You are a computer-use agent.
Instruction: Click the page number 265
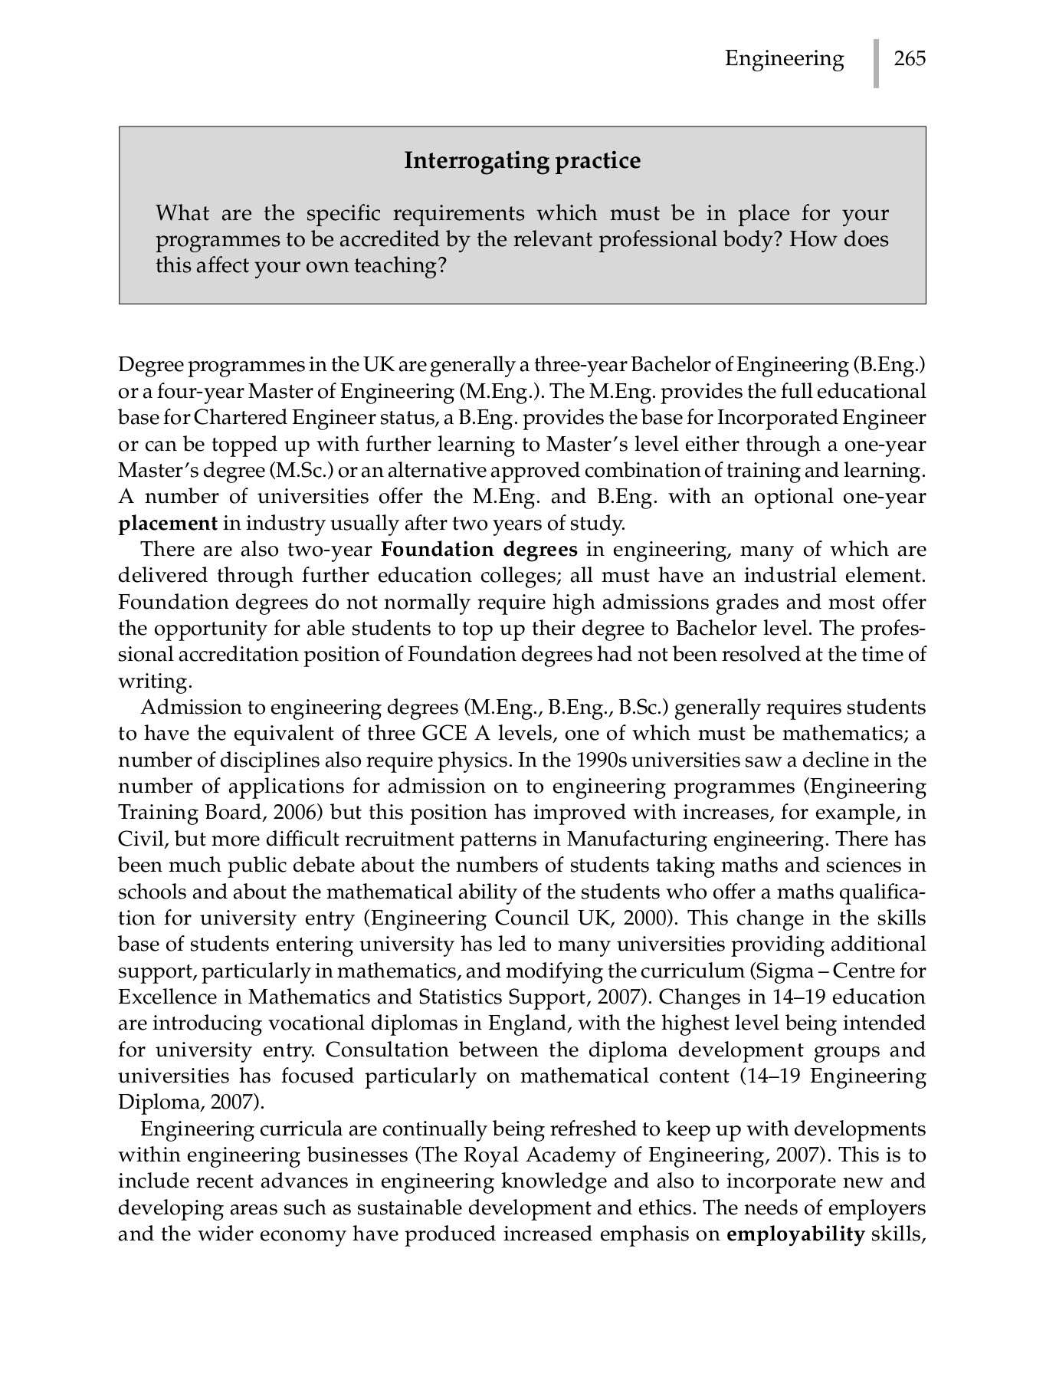[x=910, y=59]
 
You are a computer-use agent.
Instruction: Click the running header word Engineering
[x=784, y=59]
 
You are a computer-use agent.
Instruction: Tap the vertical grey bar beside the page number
[x=876, y=63]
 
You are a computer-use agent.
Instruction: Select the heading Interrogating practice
[x=522, y=161]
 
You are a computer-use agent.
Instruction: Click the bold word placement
[x=168, y=524]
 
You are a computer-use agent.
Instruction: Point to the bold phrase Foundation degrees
[x=479, y=550]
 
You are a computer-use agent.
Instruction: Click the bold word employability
[x=795, y=1234]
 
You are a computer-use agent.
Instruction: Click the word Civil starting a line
[x=138, y=839]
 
